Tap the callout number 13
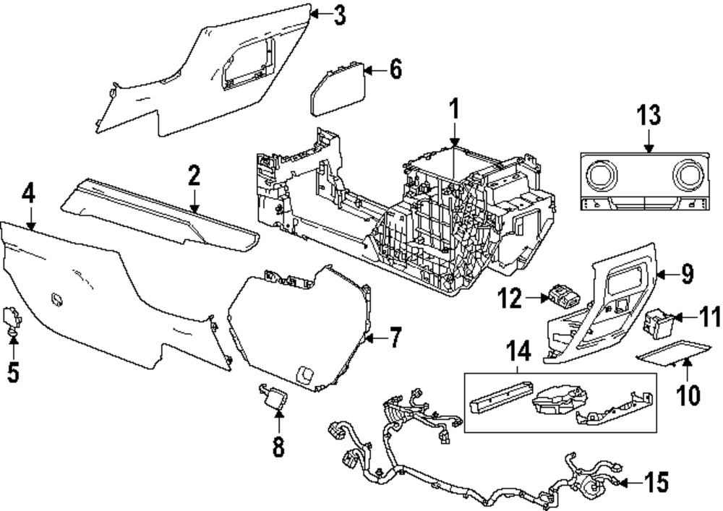pyautogui.click(x=649, y=116)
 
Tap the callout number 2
pyautogui.click(x=193, y=176)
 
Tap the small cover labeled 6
pyautogui.click(x=337, y=88)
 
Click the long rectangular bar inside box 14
pyautogui.click(x=500, y=397)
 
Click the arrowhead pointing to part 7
pyautogui.click(x=370, y=338)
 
